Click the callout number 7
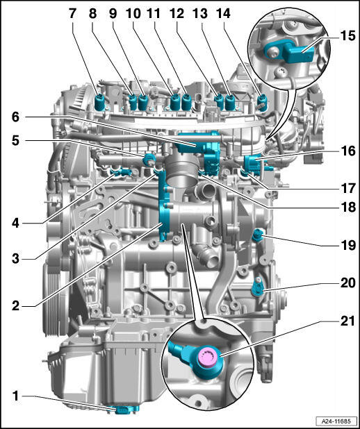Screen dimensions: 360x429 coord(72,13)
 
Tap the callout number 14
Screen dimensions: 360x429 coord(224,13)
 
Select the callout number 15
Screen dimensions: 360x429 coord(347,36)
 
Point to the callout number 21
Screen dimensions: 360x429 coord(347,321)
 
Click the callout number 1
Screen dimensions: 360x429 coord(16,396)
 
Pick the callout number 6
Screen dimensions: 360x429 coord(15,117)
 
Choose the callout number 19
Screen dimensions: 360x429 coord(348,246)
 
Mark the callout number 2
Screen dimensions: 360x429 coord(15,305)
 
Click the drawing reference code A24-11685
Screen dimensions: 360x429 coord(337,421)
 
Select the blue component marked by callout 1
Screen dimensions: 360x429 coord(126,409)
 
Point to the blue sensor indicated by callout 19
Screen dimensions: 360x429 coord(258,235)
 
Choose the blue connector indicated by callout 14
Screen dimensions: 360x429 coord(262,102)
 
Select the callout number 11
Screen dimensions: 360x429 coord(154,13)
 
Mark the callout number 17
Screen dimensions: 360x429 coord(348,188)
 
